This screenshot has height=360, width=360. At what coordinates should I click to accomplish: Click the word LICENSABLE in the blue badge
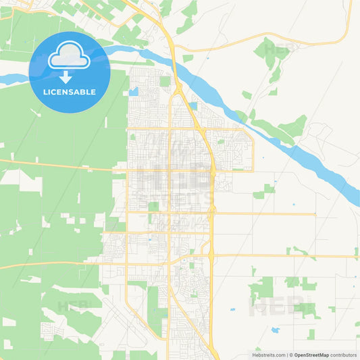pyautogui.click(x=70, y=91)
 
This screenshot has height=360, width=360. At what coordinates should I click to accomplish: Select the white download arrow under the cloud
pyautogui.click(x=66, y=77)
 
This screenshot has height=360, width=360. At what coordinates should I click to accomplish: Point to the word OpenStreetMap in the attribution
pyautogui.click(x=311, y=354)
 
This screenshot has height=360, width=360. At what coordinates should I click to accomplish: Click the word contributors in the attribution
pyautogui.click(x=343, y=354)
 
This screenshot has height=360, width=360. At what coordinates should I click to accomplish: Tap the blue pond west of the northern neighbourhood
pyautogui.click(x=134, y=91)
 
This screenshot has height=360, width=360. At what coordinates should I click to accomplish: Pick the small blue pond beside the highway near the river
pyautogui.click(x=194, y=106)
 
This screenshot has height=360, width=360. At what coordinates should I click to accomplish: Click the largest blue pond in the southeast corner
pyautogui.click(x=275, y=330)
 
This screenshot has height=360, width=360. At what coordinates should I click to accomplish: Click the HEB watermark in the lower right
pyautogui.click(x=277, y=307)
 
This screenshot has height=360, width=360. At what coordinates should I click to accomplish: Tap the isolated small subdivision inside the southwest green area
pyautogui.click(x=49, y=330)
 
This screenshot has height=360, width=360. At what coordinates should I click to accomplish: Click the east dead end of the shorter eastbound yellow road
pyautogui.click(x=315, y=214)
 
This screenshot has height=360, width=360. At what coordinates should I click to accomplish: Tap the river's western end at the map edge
pyautogui.click(x=2, y=80)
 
